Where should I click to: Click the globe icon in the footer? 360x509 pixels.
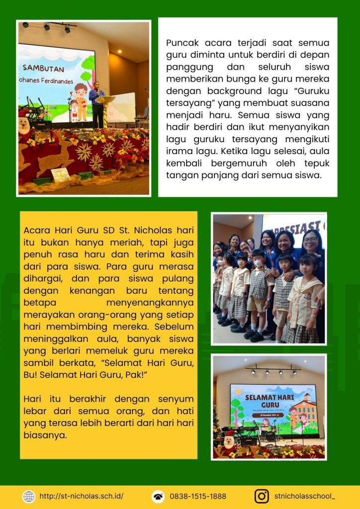(x=29, y=496)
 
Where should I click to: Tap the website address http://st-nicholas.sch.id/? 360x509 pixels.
(x=82, y=496)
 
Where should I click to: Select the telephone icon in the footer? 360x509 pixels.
(x=158, y=496)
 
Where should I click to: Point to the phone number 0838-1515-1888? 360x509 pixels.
(x=198, y=496)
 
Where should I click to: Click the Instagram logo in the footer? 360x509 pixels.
(x=262, y=496)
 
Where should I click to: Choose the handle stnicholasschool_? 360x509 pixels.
(x=305, y=496)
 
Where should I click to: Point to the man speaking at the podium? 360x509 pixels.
(x=96, y=102)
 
